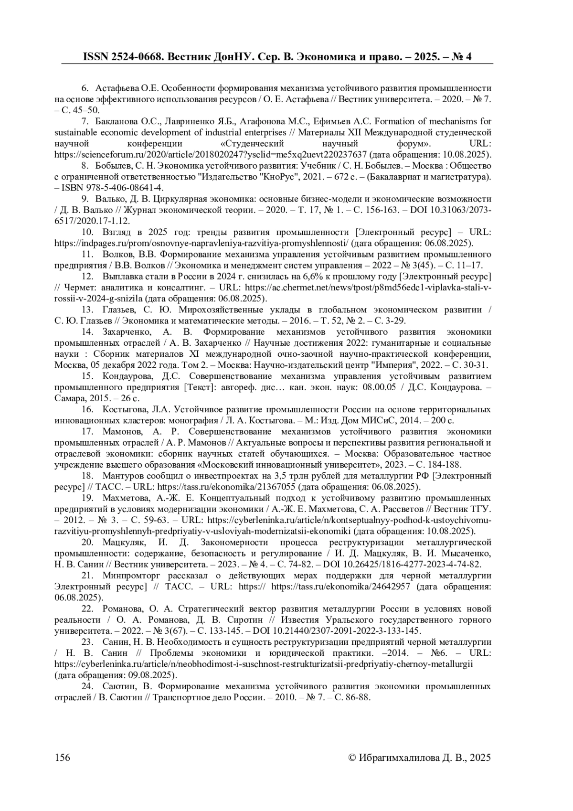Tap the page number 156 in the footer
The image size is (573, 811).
coord(63,757)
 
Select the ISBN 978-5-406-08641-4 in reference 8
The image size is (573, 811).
coord(113,188)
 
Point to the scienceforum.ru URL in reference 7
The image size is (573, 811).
coord(210,155)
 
